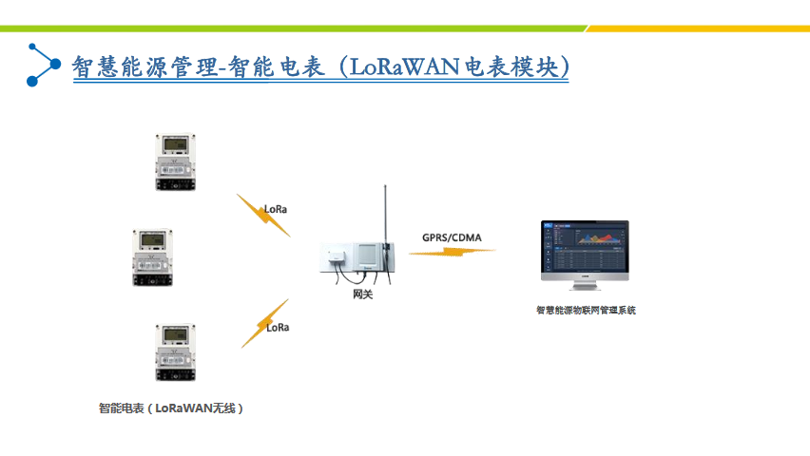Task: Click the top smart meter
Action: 175,164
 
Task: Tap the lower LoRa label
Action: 278,327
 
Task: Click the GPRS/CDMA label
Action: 453,237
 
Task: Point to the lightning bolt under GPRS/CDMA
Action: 453,252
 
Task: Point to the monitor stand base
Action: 586,287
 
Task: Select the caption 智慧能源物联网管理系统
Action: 586,310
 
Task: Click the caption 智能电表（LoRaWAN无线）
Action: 171,408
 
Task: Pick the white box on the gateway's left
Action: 337,257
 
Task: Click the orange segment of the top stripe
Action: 699,28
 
